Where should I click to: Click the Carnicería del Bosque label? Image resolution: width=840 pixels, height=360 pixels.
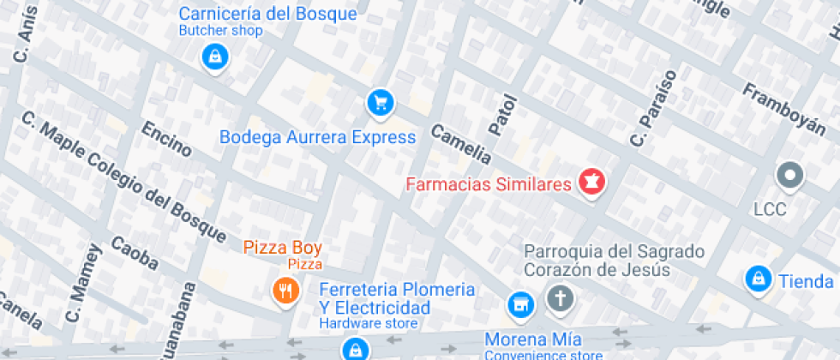tap(267, 15)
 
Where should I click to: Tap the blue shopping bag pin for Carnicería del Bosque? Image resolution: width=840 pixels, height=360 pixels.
tap(213, 58)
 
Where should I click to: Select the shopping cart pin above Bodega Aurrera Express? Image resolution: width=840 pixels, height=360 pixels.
tap(380, 104)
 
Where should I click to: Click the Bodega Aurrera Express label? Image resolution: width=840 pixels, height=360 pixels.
tap(317, 137)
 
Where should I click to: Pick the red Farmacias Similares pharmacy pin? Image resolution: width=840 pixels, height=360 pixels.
tap(591, 182)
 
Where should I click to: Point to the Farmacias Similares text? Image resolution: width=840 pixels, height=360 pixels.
tap(488, 184)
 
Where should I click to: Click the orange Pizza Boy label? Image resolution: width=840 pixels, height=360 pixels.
tap(283, 248)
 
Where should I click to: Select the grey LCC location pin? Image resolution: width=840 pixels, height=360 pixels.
tap(789, 176)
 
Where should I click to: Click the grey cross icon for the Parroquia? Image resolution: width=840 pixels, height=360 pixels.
tap(561, 299)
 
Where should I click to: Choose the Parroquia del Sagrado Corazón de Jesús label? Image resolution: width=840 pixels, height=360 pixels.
tap(614, 261)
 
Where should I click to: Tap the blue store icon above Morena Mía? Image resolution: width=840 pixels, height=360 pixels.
tap(519, 303)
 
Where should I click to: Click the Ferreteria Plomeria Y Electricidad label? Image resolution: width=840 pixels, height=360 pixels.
tap(397, 297)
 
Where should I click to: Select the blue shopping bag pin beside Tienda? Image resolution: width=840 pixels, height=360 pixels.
tap(757, 279)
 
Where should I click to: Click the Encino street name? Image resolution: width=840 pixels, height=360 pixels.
tap(166, 140)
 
